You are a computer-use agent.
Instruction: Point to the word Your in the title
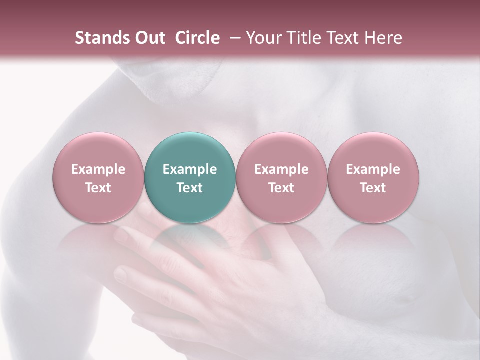(261, 38)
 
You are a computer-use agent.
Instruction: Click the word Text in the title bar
(341, 38)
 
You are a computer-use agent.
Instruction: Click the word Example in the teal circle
(190, 169)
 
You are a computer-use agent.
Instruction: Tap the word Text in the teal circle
(190, 188)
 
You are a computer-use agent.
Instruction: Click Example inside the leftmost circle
(98, 169)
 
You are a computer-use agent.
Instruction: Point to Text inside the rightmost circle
(373, 188)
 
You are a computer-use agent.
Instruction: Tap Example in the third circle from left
(281, 169)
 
